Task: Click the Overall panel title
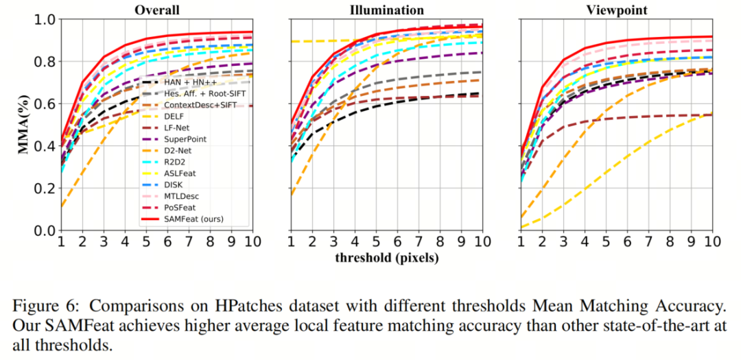pyautogui.click(x=157, y=10)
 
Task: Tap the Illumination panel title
pyautogui.click(x=387, y=10)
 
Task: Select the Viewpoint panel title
pyautogui.click(x=615, y=10)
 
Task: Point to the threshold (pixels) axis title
pyautogui.click(x=387, y=257)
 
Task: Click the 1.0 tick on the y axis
pyautogui.click(x=43, y=20)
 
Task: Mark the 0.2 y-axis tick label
pyautogui.click(x=43, y=189)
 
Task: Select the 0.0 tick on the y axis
pyautogui.click(x=43, y=231)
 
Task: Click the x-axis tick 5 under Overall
pyautogui.click(x=146, y=243)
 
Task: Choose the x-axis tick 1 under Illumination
pyautogui.click(x=291, y=243)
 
